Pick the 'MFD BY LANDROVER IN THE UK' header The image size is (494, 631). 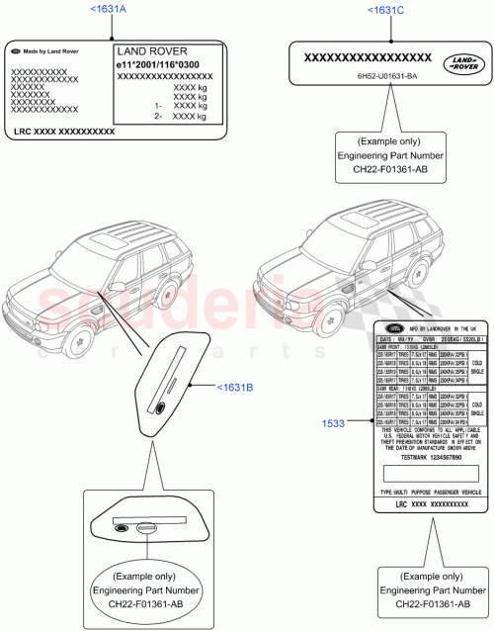click(x=435, y=327)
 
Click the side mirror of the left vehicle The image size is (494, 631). click(x=118, y=286)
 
